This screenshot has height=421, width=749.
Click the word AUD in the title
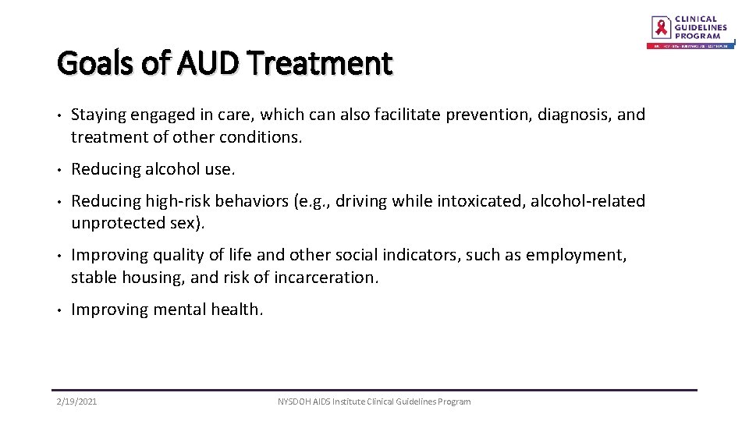[206, 63]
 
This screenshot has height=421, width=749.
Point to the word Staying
[99, 115]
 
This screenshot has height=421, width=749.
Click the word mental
[179, 310]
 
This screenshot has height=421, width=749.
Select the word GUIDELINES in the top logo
[701, 27]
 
